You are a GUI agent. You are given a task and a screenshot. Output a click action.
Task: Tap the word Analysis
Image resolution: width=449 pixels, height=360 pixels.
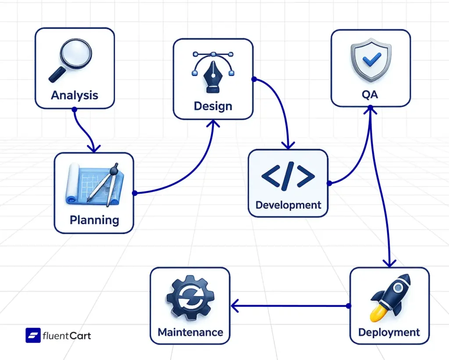pos(75,95)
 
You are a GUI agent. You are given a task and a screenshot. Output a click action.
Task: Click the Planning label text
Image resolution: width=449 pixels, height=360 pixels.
pos(94,220)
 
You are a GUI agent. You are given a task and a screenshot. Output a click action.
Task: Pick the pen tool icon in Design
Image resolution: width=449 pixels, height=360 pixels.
pos(213,72)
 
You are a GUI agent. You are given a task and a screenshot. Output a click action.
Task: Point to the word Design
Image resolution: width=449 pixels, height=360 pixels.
pos(213,106)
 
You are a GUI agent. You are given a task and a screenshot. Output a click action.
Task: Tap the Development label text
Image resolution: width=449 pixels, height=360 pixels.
pos(288,205)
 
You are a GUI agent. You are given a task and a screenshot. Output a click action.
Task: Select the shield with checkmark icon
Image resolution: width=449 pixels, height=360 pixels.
pos(371,61)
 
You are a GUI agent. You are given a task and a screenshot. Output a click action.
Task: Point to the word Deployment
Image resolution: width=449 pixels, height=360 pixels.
pos(389,332)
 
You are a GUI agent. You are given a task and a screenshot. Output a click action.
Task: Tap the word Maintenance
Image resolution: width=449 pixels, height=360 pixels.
pos(190,332)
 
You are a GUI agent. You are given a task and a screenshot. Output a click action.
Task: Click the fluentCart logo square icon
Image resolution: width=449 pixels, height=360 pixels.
pos(33,336)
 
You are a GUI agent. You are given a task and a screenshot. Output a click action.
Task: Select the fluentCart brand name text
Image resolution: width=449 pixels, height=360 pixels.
pos(67,336)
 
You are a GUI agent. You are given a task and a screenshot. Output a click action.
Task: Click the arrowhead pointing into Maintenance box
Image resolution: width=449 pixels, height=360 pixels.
pos(235,306)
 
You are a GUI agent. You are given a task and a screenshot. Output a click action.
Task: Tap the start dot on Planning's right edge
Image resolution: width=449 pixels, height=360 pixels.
pos(135,193)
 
